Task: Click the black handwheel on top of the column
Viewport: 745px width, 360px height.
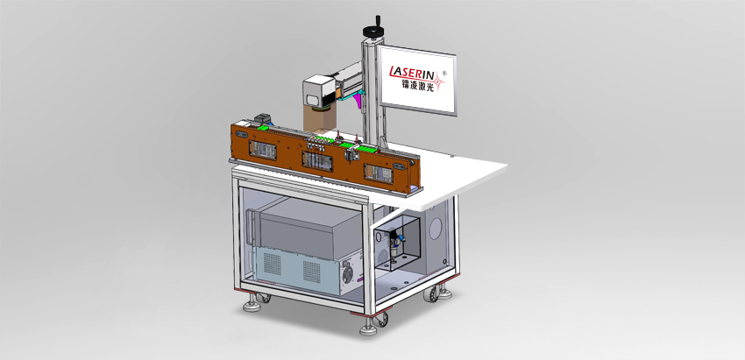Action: (373, 30)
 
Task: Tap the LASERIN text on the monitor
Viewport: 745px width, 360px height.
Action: (415, 71)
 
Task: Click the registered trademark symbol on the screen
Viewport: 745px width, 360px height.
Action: (444, 74)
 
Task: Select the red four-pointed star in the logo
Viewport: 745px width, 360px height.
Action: (438, 83)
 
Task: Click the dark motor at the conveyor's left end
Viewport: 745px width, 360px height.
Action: (262, 119)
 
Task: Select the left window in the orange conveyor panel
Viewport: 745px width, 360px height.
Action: (263, 149)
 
